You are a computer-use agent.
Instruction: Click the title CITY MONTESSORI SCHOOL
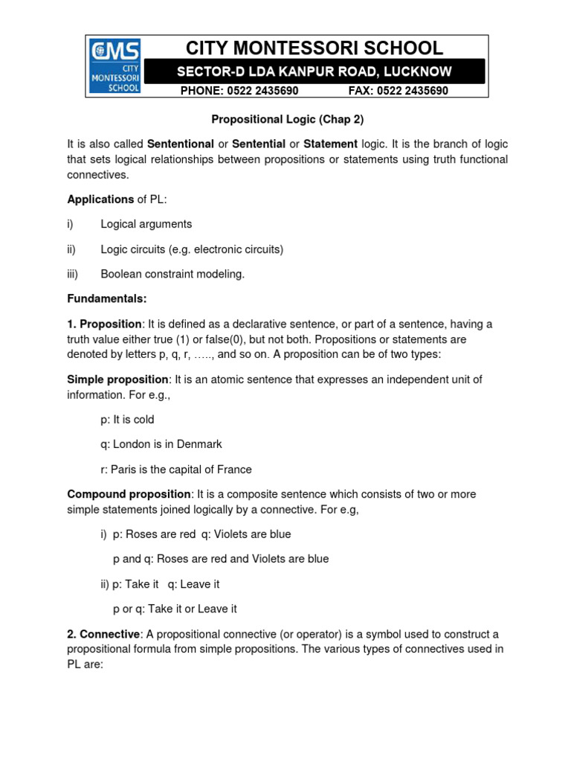click(314, 48)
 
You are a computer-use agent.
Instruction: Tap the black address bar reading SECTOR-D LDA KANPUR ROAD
click(314, 72)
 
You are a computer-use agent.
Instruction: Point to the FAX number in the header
click(399, 91)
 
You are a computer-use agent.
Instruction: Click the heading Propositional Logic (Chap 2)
click(288, 119)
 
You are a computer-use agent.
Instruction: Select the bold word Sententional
click(180, 144)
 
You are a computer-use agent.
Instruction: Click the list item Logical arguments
click(146, 224)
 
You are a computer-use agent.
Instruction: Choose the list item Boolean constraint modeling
click(172, 274)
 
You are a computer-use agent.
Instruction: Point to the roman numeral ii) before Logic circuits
click(72, 249)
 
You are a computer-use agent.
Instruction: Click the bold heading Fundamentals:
click(107, 299)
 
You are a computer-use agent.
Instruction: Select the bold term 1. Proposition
click(104, 324)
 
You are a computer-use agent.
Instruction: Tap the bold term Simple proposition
click(117, 380)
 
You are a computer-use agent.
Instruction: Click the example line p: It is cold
click(127, 420)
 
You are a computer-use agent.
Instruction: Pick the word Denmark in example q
click(200, 444)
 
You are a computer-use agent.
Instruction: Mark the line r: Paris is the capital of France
click(176, 470)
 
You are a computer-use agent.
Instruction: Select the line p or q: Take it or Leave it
click(175, 609)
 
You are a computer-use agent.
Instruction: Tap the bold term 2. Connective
click(103, 634)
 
